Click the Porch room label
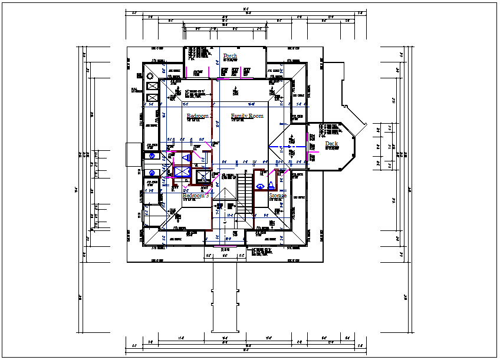coord(230,56)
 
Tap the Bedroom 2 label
coord(198,116)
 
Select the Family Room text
coord(247,116)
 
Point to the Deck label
coord(332,143)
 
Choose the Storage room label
coord(278,195)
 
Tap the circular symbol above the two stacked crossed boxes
coord(150,75)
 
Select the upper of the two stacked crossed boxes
coord(152,87)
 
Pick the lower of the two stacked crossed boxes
coord(152,98)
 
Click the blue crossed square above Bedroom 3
coord(181,171)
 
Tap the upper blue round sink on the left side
coord(152,156)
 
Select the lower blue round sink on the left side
coord(152,173)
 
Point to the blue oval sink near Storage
coord(260,187)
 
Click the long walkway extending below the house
coord(225,295)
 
